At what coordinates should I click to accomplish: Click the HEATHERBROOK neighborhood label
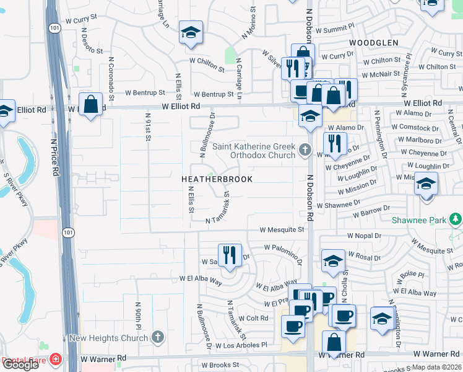217,179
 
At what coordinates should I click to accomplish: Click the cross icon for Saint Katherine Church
305,149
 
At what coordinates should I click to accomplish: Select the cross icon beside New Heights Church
158,337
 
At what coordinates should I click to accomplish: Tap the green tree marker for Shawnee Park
456,219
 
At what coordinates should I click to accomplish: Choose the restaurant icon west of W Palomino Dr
229,255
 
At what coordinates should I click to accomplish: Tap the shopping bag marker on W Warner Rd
334,342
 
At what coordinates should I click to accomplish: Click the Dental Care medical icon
56,359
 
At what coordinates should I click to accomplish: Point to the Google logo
20,365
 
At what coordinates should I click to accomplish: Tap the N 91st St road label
148,127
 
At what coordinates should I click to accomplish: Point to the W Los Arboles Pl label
243,344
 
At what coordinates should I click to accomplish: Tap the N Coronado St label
111,79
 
